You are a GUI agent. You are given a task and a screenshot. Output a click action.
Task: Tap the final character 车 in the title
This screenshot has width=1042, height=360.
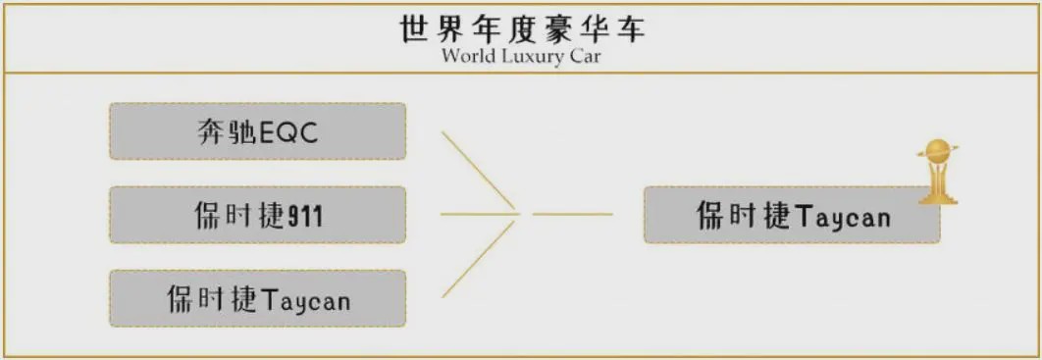click(x=630, y=28)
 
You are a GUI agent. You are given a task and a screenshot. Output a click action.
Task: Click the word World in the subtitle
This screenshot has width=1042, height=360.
click(x=468, y=55)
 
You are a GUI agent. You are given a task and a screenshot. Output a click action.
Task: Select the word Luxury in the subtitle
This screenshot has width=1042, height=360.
click(x=530, y=55)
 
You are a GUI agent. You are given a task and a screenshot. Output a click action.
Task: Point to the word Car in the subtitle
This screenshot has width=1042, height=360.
click(x=584, y=55)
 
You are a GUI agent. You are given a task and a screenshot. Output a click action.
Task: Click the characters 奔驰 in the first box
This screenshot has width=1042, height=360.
click(x=225, y=132)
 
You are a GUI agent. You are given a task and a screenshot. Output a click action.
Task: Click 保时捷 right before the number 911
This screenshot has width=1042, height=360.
click(x=237, y=216)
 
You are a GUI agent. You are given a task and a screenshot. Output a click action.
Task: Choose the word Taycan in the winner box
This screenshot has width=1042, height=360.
click(x=841, y=216)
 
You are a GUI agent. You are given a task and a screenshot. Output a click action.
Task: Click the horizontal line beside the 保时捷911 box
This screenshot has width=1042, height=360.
click(x=476, y=213)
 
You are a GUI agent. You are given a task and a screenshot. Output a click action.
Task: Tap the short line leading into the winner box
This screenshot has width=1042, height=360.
click(x=572, y=213)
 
